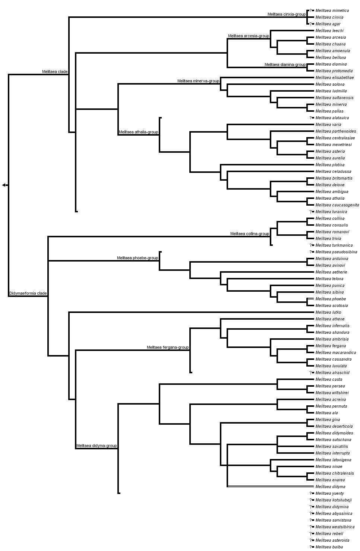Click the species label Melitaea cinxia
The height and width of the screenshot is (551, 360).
[x=329, y=17]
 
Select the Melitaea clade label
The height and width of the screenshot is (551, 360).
[x=55, y=72]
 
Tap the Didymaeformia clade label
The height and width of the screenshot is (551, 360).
[x=28, y=293]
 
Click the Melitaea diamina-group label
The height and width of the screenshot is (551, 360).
[x=285, y=64]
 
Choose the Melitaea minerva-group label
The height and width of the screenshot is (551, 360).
[x=198, y=81]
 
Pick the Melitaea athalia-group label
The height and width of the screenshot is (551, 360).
[x=139, y=132]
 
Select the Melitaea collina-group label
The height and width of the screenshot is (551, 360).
[x=250, y=234]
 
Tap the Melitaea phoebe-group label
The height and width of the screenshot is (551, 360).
[x=138, y=258]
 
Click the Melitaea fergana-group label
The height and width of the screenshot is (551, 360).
[x=168, y=347]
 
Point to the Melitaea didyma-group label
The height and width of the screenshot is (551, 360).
[x=97, y=446]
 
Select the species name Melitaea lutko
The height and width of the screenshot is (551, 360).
[x=328, y=312]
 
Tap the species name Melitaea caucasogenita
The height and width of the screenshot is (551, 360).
[x=337, y=205]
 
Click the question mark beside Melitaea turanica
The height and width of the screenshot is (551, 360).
[x=310, y=212]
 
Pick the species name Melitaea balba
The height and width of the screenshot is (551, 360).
[x=329, y=547]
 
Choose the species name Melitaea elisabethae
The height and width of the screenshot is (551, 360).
[x=334, y=77]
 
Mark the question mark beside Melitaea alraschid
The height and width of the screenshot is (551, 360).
[x=310, y=373]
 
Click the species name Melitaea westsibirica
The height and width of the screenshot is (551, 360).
[x=335, y=527]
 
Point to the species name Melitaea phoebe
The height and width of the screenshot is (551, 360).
[x=331, y=299]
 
